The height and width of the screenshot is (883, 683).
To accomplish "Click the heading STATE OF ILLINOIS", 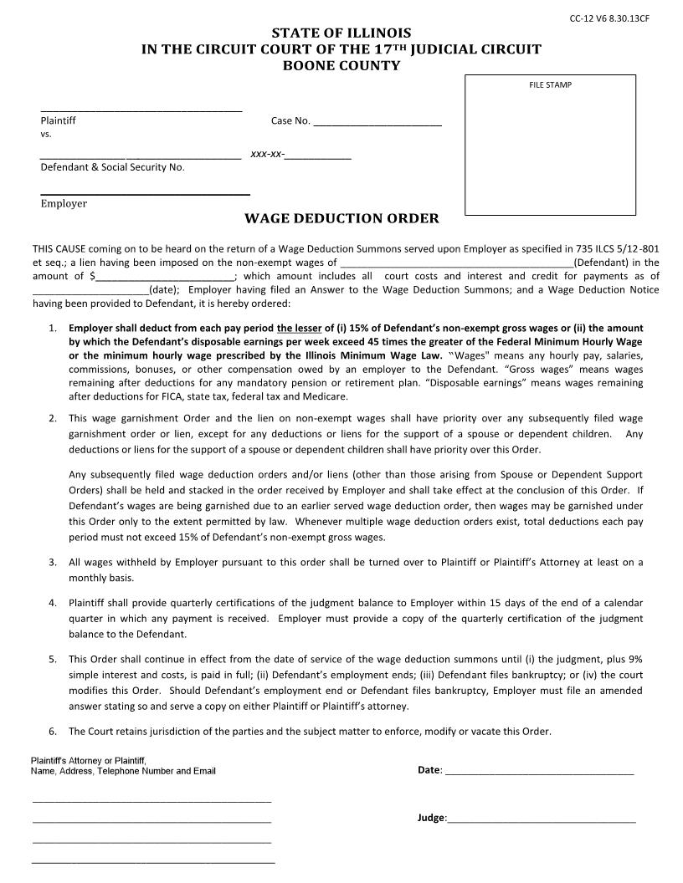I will click(x=341, y=33).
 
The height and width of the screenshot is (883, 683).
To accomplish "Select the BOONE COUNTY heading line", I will click(x=341, y=65).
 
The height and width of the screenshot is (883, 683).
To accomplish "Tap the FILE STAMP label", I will click(x=550, y=84).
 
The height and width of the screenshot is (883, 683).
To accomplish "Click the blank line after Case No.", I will click(x=377, y=122).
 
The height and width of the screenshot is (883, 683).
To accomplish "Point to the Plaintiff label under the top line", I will click(x=58, y=120).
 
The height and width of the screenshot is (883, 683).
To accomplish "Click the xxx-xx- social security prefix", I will click(x=267, y=155).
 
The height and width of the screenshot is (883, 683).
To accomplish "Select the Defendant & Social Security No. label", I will click(x=112, y=167).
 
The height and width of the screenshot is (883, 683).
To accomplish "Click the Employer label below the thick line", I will click(x=64, y=203).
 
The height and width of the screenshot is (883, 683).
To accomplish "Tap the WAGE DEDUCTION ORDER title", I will click(x=341, y=219).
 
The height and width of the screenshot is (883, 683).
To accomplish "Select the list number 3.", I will click(x=52, y=563).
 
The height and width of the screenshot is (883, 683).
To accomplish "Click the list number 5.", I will click(x=52, y=659).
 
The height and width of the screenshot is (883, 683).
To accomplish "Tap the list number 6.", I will click(x=52, y=732).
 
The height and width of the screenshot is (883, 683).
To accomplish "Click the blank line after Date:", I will click(x=539, y=771).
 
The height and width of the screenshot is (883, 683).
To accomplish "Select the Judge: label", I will click(x=432, y=819).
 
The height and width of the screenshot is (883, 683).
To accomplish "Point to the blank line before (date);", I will click(x=90, y=291).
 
